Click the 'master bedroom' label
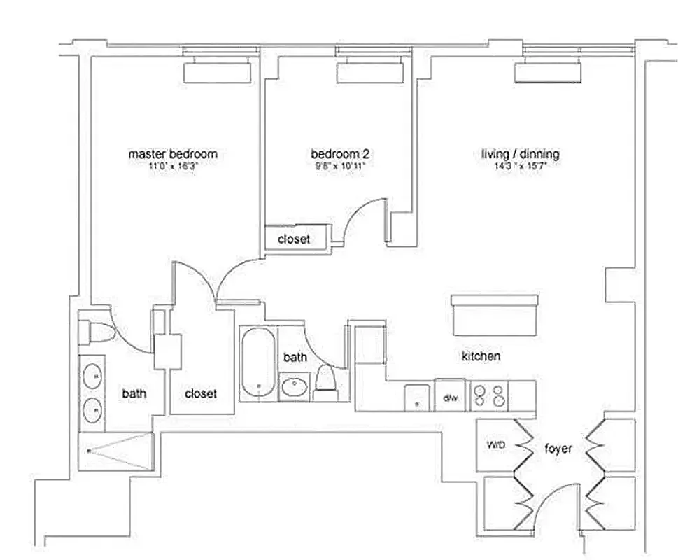(x=172, y=153)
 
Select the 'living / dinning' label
(x=521, y=153)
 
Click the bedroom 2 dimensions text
(x=340, y=166)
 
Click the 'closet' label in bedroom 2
(x=294, y=239)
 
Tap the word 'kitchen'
(x=481, y=356)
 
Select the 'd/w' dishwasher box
(x=450, y=398)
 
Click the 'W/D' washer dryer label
(x=495, y=445)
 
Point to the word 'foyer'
(x=558, y=449)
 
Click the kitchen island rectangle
(x=495, y=315)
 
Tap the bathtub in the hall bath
(x=257, y=363)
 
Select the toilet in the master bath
(x=95, y=332)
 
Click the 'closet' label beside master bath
(x=201, y=393)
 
